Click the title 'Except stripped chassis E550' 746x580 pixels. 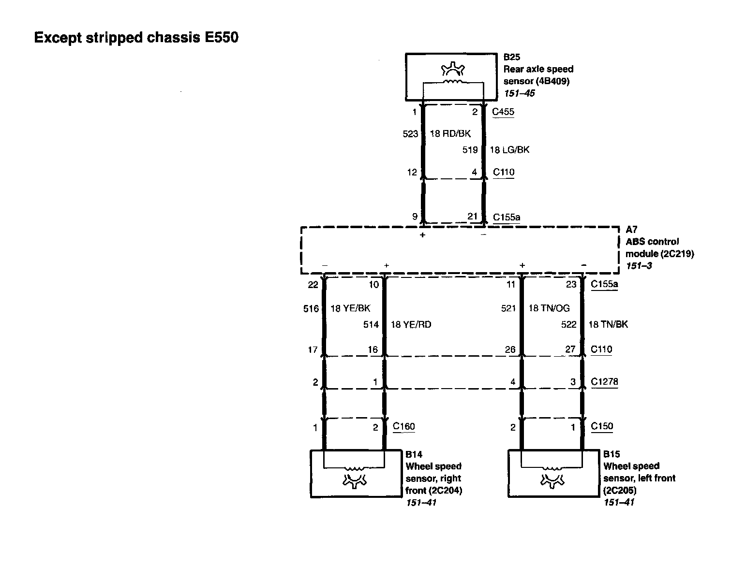tap(136, 38)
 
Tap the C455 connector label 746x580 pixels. tap(503, 112)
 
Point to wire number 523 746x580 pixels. tap(410, 134)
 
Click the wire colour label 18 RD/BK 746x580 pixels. tap(450, 133)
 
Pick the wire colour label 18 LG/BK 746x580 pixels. tap(509, 150)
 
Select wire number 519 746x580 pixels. tap(470, 150)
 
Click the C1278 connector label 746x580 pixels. tap(604, 382)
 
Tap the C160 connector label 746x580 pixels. tap(404, 426)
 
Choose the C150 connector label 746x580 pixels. tap(602, 426)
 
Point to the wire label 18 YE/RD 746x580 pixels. tap(411, 324)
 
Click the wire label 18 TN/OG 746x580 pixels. tap(549, 308)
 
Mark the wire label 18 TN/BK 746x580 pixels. tap(608, 324)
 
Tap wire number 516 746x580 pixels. tap(311, 309)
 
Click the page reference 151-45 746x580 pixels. tap(519, 93)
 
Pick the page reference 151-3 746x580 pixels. tap(639, 266)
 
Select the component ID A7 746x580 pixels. tap(631, 230)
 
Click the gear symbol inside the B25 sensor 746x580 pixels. tap(453, 69)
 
